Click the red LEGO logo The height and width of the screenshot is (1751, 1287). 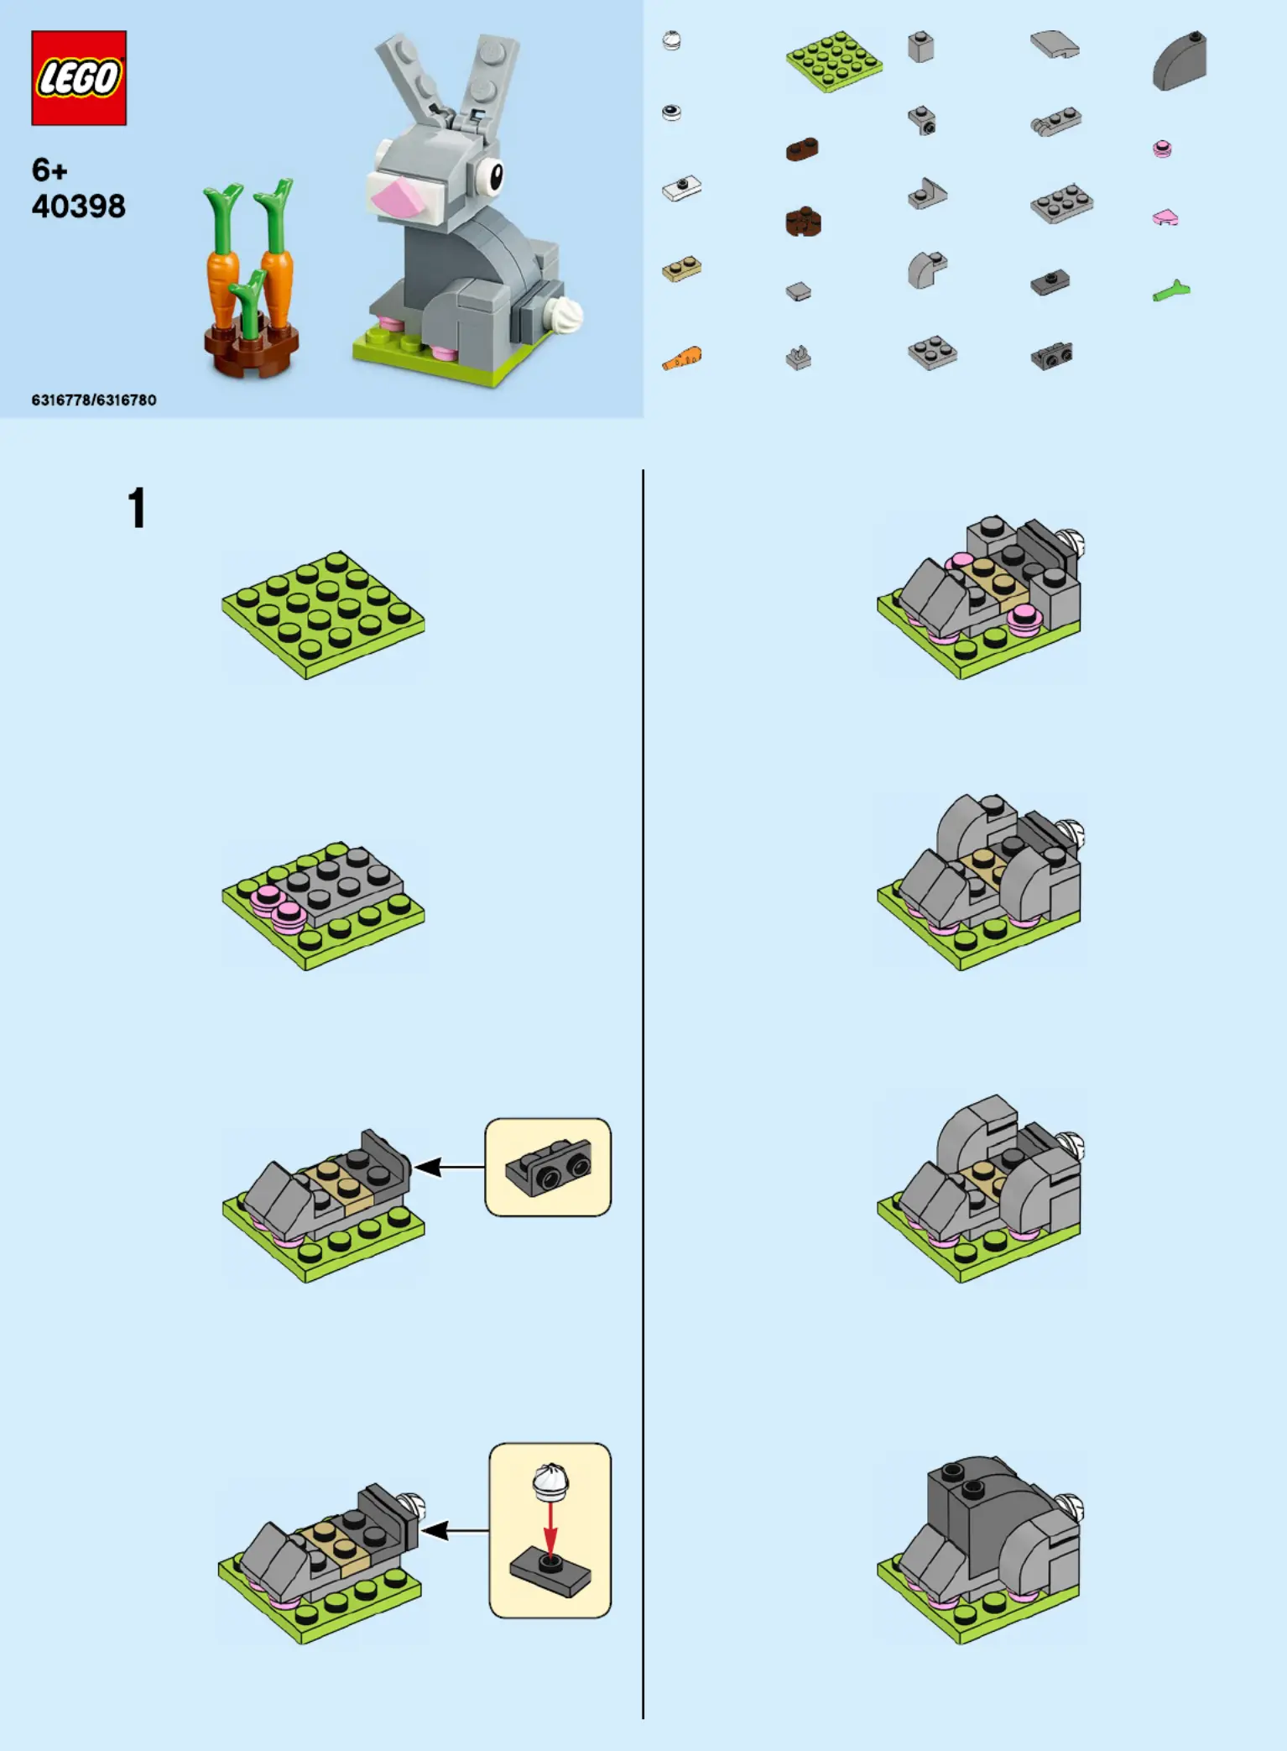[x=79, y=78]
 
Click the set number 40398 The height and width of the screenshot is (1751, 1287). [x=78, y=206]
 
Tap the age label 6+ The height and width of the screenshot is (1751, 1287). [x=49, y=170]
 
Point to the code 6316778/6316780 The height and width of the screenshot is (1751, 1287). [x=94, y=400]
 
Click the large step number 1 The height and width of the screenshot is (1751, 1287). [x=137, y=509]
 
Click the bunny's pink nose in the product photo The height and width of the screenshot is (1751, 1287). [x=397, y=198]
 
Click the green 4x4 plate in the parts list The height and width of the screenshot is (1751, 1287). [x=834, y=60]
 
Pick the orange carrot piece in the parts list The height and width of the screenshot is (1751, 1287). [x=682, y=359]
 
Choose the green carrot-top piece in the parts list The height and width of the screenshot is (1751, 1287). [x=1171, y=291]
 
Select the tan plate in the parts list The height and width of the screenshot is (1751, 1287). [x=681, y=269]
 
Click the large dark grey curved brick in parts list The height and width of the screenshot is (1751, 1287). [x=1180, y=61]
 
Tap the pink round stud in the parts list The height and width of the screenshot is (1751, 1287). [x=1162, y=149]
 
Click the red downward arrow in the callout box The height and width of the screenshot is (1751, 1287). [x=550, y=1529]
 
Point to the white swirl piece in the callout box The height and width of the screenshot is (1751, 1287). [x=550, y=1482]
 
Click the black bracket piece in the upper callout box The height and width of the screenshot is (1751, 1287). [x=549, y=1166]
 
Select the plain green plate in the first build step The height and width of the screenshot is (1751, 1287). [x=323, y=614]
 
